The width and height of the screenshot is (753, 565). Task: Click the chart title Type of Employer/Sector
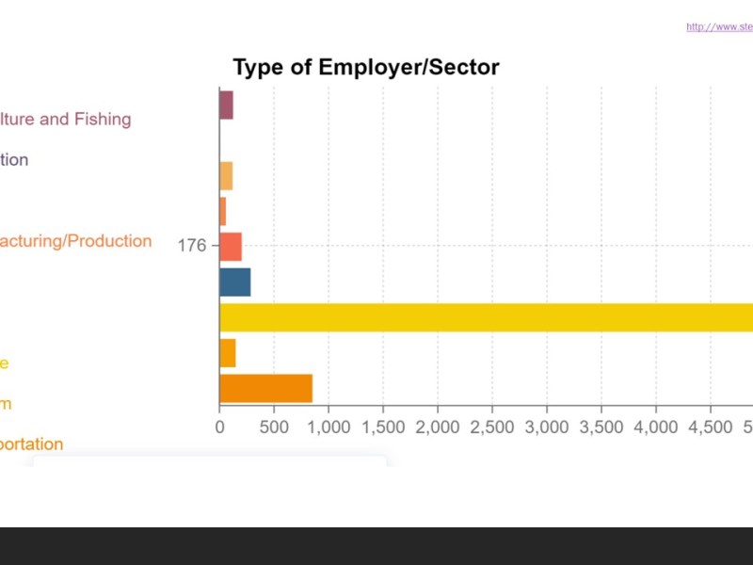[x=365, y=68]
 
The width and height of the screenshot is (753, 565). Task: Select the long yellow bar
[x=486, y=317]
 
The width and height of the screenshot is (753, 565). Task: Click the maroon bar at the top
[x=226, y=105]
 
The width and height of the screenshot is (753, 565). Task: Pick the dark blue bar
[x=234, y=282]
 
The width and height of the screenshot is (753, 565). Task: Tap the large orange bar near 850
[x=265, y=388]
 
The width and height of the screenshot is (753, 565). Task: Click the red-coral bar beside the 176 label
[x=231, y=247]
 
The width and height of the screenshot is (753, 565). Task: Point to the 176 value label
[x=192, y=247]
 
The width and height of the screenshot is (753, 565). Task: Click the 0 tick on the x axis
[x=219, y=427]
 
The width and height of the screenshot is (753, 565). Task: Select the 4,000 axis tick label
[x=655, y=427]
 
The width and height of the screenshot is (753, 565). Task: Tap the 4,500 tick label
[x=710, y=427]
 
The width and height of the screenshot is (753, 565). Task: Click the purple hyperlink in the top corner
[x=719, y=27]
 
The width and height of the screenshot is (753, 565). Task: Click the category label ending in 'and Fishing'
[x=65, y=120]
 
